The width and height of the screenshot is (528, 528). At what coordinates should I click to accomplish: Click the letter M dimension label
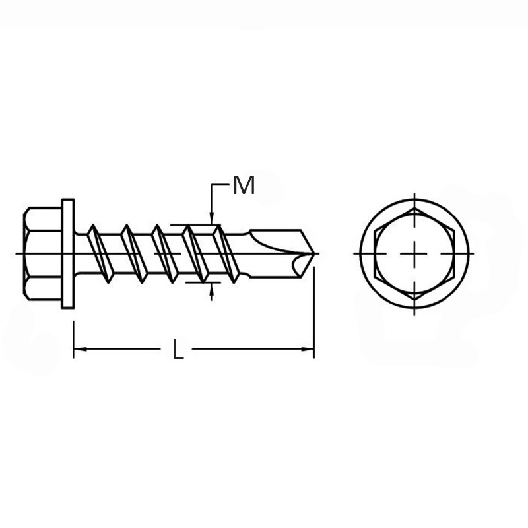(x=244, y=185)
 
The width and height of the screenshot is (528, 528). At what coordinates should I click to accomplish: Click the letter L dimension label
(x=178, y=349)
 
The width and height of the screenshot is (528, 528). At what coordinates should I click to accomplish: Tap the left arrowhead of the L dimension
(x=80, y=349)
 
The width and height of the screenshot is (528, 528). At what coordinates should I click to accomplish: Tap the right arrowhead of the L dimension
(x=308, y=349)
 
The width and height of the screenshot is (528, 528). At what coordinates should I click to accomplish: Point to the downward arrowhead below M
(x=211, y=218)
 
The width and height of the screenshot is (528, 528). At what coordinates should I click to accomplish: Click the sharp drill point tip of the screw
(x=315, y=253)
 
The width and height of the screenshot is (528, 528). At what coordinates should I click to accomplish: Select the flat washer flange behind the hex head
(x=68, y=253)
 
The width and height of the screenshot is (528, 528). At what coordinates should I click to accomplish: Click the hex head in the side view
(x=42, y=253)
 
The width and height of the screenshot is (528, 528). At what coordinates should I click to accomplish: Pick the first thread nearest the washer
(x=100, y=253)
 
